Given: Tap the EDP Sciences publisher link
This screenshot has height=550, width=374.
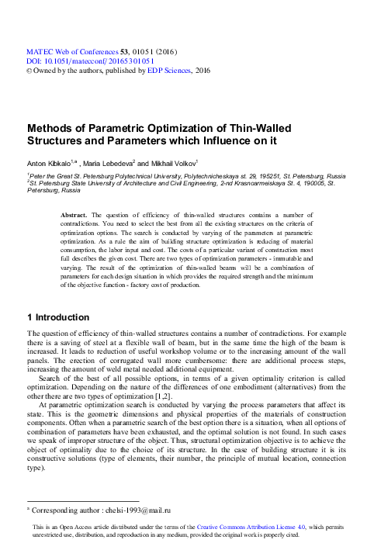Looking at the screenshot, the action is (171, 70).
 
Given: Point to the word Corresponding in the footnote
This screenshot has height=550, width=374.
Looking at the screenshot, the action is (55, 510).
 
